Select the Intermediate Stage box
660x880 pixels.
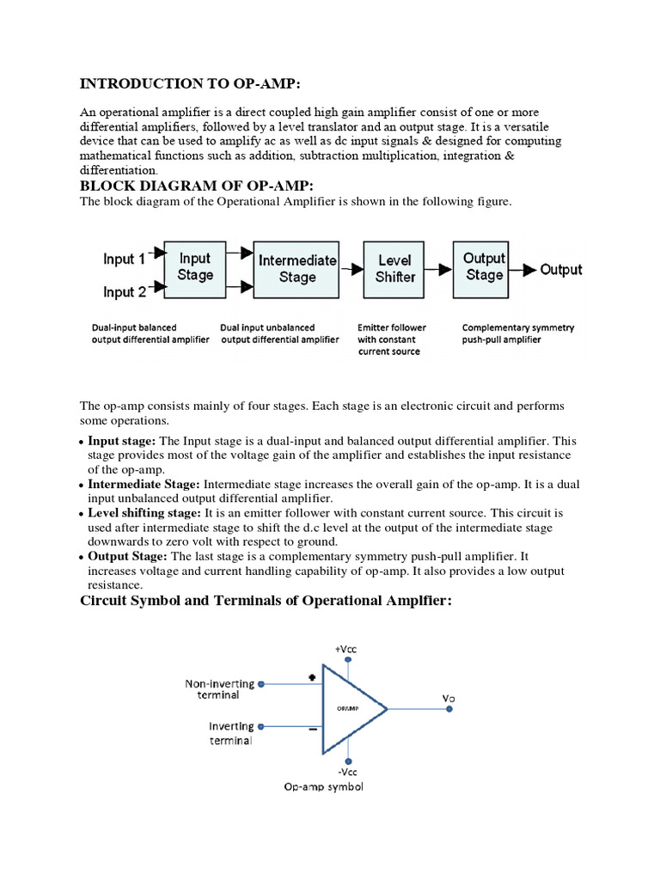coord(297,268)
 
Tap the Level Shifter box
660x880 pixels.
coord(395,268)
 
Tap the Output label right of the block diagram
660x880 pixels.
coord(560,270)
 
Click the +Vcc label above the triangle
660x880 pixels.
coord(347,649)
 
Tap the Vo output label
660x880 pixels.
coord(449,699)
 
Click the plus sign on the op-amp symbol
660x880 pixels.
coord(311,677)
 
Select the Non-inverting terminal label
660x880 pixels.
coord(220,689)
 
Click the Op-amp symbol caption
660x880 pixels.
coord(323,787)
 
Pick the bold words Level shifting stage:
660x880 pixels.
coord(144,512)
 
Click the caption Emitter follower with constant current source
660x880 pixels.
coord(391,339)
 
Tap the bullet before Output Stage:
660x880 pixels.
coord(82,557)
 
